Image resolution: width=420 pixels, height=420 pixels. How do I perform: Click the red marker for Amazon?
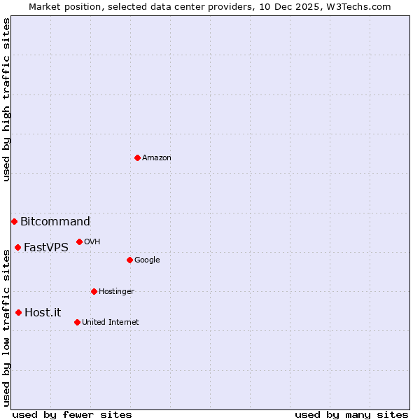pyautogui.click(x=137, y=157)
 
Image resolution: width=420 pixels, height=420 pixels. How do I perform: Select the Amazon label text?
pyautogui.click(x=157, y=158)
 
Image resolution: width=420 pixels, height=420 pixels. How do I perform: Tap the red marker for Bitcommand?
pyautogui.click(x=14, y=221)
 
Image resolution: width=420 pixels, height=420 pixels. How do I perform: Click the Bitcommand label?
pyautogui.click(x=55, y=222)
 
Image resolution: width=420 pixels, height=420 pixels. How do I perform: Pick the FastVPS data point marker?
pyautogui.click(x=17, y=247)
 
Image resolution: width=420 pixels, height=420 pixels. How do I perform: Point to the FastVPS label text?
pyautogui.click(x=46, y=247)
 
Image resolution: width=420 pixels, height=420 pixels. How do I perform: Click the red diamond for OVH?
pyautogui.click(x=79, y=241)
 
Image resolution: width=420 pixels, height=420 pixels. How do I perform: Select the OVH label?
pyautogui.click(x=92, y=242)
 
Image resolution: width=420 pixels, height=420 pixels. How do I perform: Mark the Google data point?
pyautogui.click(x=129, y=260)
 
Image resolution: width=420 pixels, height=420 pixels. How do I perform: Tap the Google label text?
pyautogui.click(x=147, y=260)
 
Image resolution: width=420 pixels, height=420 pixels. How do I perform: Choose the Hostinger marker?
pyautogui.click(x=94, y=291)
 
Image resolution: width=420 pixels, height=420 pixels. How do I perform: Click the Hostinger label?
pyautogui.click(x=116, y=292)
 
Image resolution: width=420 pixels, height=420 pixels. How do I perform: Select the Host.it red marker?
pyautogui.click(x=18, y=312)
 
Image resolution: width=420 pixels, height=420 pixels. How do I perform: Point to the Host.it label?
pyautogui.click(x=43, y=313)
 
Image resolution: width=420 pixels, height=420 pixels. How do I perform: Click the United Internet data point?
pyautogui.click(x=77, y=322)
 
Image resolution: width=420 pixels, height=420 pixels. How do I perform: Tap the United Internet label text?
pyautogui.click(x=111, y=323)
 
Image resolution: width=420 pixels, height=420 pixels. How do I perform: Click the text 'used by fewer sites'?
pyautogui.click(x=72, y=414)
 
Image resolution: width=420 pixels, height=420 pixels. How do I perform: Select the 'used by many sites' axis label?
pyautogui.click(x=351, y=414)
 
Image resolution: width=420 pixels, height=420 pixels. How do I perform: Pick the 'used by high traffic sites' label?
pyautogui.click(x=6, y=99)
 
